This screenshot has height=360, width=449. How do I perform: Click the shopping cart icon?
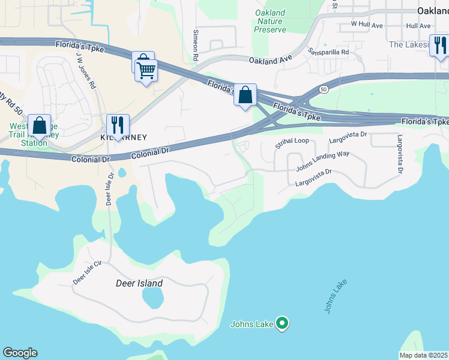146,71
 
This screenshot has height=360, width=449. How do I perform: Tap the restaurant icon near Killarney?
118,126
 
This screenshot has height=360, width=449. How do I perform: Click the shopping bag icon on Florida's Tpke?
245,95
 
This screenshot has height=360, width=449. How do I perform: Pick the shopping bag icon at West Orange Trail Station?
39,126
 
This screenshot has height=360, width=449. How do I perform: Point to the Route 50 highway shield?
324,89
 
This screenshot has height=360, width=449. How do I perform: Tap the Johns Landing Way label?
322,162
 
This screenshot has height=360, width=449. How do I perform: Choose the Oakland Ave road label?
270,61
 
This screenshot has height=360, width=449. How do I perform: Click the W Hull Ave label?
367,25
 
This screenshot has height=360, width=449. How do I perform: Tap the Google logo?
20,353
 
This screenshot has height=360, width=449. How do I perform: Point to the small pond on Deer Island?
154,297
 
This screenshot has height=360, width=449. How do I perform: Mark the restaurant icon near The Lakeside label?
440,46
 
